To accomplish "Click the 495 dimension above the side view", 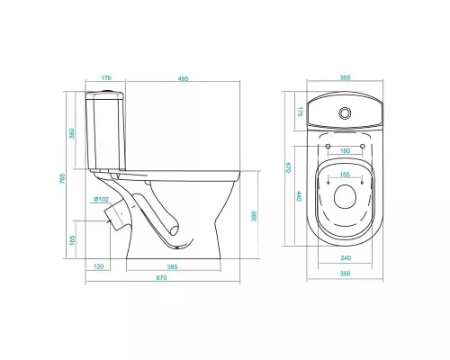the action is [183, 78].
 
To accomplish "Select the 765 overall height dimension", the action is [62, 179].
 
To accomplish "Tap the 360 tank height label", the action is [72, 134].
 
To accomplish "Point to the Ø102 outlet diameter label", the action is [101, 199].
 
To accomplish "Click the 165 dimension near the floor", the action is [72, 240].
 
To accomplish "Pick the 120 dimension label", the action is [99, 266].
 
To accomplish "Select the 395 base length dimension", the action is [172, 266].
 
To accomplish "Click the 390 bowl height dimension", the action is [254, 216].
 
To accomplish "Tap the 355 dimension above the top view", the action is [345, 77].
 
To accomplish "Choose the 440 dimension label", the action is [299, 197].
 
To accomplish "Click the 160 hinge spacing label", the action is [345, 150].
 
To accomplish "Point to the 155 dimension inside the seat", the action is [345, 175].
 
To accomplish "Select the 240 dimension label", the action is [346, 258].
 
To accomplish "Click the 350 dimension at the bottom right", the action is [345, 274].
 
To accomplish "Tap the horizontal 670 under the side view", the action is [161, 278].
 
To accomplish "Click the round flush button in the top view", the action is [345, 112].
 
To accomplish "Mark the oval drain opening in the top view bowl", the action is [345, 197].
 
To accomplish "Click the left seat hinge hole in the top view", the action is [328, 146].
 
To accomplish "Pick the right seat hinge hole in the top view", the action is [363, 146].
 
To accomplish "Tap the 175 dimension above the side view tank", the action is [106, 78].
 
